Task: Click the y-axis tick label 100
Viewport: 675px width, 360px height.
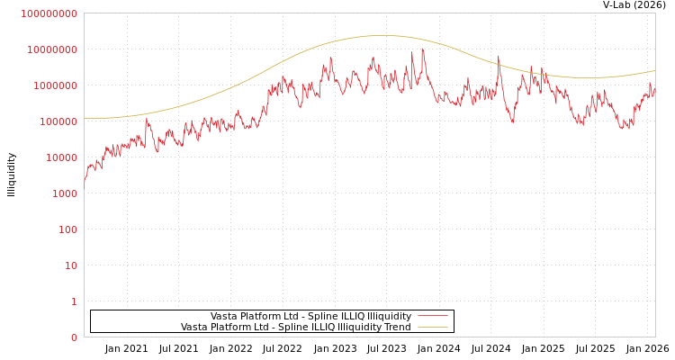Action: tap(67, 229)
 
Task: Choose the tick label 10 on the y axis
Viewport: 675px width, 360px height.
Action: tap(70, 265)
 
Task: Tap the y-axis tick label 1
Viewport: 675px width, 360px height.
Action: tap(74, 301)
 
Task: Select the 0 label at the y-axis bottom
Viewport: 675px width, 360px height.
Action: tap(74, 337)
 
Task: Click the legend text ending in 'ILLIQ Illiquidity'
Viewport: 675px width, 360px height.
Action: tap(310, 316)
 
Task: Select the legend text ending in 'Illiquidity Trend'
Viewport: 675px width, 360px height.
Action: tap(295, 327)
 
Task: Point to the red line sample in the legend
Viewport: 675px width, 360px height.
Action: tap(432, 316)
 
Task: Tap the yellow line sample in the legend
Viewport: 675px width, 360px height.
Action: tap(432, 327)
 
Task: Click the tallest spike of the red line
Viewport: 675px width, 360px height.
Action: tap(422, 49)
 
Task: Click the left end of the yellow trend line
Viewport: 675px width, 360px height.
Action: tap(84, 118)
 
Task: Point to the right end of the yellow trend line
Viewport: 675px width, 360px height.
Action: tap(655, 70)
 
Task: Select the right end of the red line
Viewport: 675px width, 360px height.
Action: tap(655, 88)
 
